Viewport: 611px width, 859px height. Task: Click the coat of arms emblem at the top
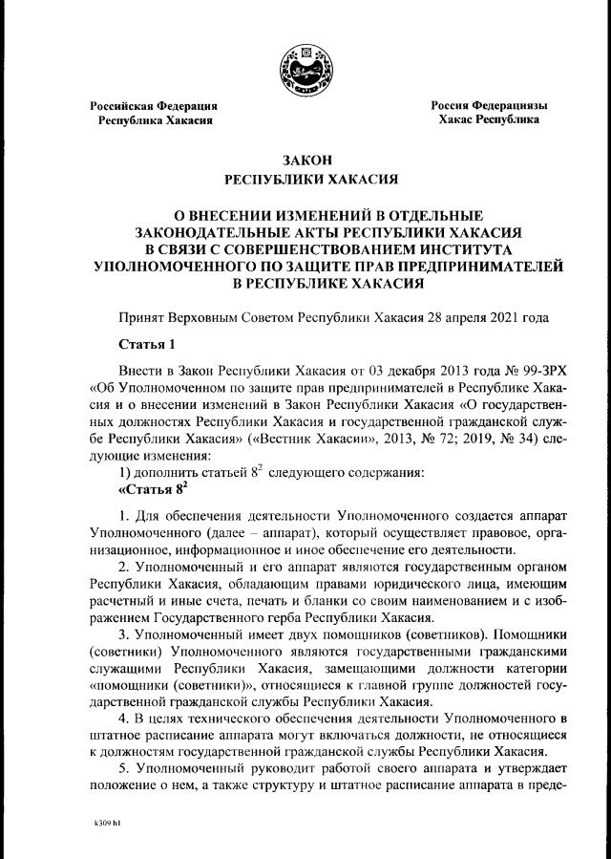click(x=306, y=69)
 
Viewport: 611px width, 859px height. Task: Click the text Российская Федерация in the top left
click(x=154, y=105)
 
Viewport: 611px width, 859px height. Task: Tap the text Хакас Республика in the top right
click(x=488, y=120)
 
